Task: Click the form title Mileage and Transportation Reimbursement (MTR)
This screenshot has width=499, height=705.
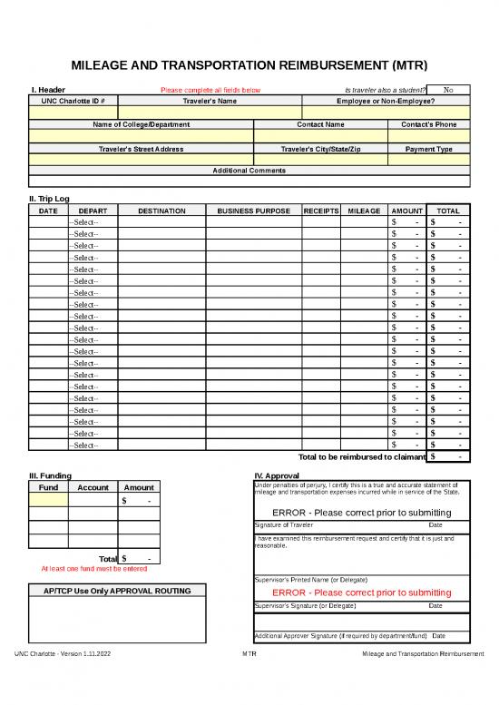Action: click(x=249, y=65)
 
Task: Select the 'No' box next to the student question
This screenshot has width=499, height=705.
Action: click(x=449, y=90)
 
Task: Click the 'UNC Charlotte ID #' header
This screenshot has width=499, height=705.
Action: click(x=73, y=101)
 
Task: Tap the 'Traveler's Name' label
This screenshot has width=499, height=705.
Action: click(x=210, y=101)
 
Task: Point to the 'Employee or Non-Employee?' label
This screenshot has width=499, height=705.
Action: click(x=386, y=101)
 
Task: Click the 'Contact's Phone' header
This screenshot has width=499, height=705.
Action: click(x=429, y=124)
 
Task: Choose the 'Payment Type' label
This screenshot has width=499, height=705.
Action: click(x=430, y=148)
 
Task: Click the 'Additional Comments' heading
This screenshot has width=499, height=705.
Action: click(x=249, y=171)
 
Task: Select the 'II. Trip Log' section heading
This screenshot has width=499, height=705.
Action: click(x=50, y=199)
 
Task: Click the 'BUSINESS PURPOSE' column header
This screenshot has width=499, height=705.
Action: click(x=254, y=211)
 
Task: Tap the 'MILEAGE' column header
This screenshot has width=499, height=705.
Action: click(x=364, y=211)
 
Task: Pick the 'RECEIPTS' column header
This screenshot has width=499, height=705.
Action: click(x=320, y=211)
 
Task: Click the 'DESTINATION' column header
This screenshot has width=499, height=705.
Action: click(x=161, y=211)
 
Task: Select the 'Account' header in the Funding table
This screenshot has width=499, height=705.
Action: click(x=93, y=488)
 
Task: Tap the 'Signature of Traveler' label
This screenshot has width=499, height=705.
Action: click(x=284, y=525)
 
